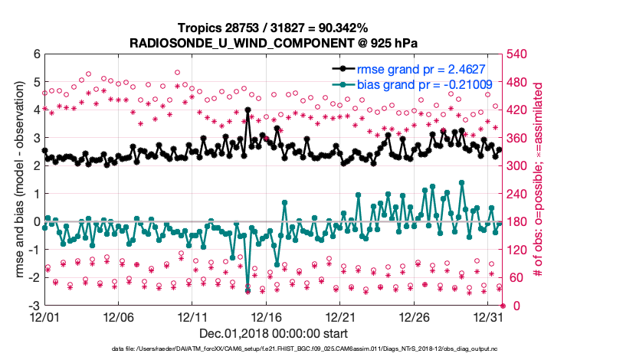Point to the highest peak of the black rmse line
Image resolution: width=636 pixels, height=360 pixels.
click(248, 110)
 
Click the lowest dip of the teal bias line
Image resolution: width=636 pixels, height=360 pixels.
click(248, 290)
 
